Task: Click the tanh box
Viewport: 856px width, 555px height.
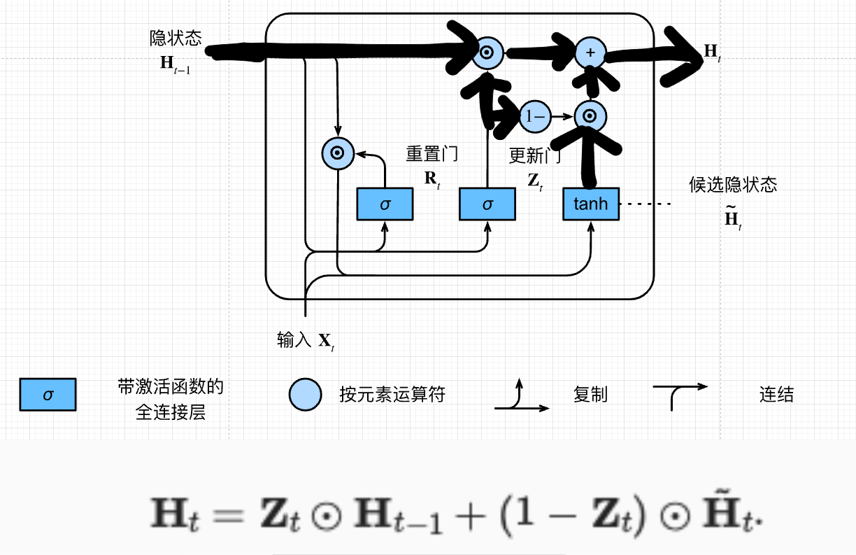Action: [591, 204]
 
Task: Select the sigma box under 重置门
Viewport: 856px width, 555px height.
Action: [385, 204]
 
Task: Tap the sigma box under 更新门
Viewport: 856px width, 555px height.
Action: [487, 204]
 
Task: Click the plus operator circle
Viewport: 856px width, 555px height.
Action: [590, 53]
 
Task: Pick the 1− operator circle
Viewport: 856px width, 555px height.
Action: [534, 117]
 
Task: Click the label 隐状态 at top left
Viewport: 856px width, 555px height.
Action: [176, 38]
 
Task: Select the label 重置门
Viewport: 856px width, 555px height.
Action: [432, 154]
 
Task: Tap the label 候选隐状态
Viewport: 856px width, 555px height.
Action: [733, 185]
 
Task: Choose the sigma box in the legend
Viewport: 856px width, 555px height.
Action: [48, 395]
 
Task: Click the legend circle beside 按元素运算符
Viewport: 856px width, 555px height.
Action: [306, 395]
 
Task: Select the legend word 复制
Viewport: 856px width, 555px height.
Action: [590, 395]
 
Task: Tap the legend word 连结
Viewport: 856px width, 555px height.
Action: [776, 395]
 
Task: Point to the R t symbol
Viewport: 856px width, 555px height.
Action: [432, 178]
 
